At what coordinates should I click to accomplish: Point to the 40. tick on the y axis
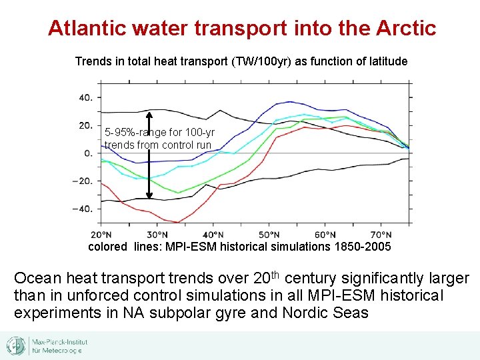(x=85, y=97)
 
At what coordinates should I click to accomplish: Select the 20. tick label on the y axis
(x=85, y=125)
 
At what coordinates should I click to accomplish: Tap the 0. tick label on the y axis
(x=88, y=153)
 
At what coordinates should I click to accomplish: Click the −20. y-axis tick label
(x=83, y=181)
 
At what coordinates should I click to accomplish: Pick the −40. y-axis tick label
(x=83, y=209)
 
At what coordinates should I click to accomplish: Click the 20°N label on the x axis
(x=101, y=235)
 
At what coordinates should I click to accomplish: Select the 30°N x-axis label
(x=157, y=235)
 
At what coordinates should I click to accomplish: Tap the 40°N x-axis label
(x=213, y=235)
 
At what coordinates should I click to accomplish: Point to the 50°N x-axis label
(x=269, y=235)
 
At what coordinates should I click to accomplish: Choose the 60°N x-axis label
(x=325, y=235)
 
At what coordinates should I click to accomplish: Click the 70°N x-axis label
(x=381, y=235)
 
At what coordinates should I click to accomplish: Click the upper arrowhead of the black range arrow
(x=149, y=112)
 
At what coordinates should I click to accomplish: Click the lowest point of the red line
(x=178, y=222)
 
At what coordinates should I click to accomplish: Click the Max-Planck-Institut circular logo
(x=16, y=346)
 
